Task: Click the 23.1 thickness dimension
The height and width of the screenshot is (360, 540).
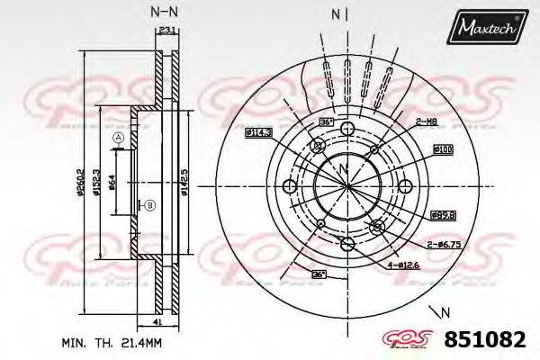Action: pos(165,31)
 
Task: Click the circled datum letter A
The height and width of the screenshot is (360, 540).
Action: pos(117,137)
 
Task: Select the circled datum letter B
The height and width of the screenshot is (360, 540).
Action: pos(150,205)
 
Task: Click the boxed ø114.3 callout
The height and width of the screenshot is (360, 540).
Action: pos(259,133)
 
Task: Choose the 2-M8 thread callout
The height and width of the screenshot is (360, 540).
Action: pos(427,121)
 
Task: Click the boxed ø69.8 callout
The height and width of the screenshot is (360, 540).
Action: pos(443,214)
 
